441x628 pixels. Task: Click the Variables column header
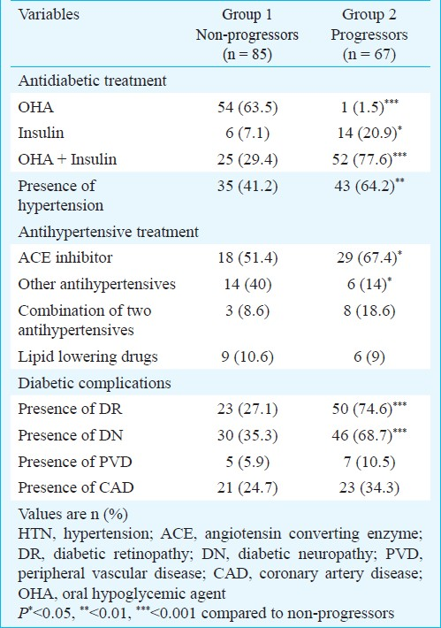click(x=49, y=15)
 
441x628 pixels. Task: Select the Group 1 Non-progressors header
click(x=247, y=34)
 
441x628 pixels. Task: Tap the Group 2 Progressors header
click(x=369, y=34)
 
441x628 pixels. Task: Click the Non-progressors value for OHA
click(x=247, y=107)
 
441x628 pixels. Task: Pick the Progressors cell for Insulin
click(x=369, y=133)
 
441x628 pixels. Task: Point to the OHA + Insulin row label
click(x=67, y=159)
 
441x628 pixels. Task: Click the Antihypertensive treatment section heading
click(x=109, y=233)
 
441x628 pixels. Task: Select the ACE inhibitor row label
click(x=65, y=257)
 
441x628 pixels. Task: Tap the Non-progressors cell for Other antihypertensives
click(x=247, y=284)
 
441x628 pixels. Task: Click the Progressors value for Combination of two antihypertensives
click(x=369, y=310)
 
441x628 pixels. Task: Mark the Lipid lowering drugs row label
click(x=88, y=356)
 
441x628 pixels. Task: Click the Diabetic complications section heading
click(x=95, y=383)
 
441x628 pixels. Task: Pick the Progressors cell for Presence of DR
click(x=369, y=409)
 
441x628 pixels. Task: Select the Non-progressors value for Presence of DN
click(x=247, y=435)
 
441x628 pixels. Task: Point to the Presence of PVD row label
click(x=75, y=462)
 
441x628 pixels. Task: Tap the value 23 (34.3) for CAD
click(x=369, y=488)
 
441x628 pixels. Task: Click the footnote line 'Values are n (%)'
click(x=72, y=514)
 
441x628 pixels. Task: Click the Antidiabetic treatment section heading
click(x=92, y=80)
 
